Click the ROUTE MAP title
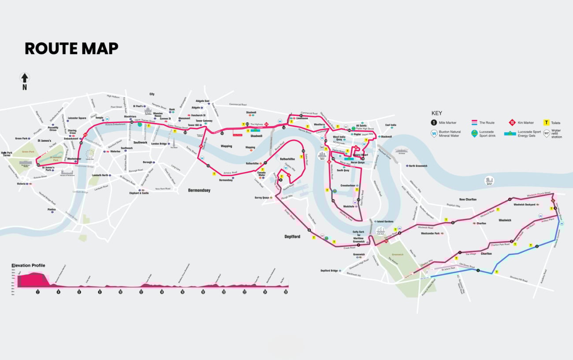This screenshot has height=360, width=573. point(71,48)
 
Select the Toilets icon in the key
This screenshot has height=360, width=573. point(547,123)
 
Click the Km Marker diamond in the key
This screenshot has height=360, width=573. point(513,123)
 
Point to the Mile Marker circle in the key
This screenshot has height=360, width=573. point(434,123)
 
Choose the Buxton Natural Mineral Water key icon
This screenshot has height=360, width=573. point(434,134)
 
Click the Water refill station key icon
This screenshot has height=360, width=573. point(547,134)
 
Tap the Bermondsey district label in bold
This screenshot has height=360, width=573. point(199,190)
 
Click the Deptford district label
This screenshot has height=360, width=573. point(292,237)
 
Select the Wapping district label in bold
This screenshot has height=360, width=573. point(226,146)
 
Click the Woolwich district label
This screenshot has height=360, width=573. point(505,220)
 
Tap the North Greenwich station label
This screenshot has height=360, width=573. point(417,166)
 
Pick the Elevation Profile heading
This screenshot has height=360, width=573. point(28,265)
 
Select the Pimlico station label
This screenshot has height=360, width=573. point(52,210)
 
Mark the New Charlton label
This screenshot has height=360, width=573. point(468,200)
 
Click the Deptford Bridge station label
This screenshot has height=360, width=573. point(329,271)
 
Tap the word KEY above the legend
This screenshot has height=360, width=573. point(437,113)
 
